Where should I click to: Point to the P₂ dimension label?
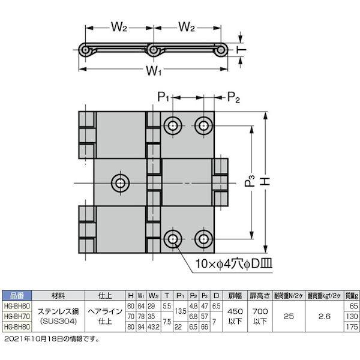pyautogui.click(x=234, y=98)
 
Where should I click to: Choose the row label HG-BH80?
pyautogui.click(x=16, y=326)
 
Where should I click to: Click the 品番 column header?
pyautogui.click(x=16, y=295)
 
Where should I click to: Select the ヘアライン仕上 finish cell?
pyautogui.click(x=104, y=316)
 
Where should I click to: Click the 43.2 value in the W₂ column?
pyautogui.click(x=153, y=326)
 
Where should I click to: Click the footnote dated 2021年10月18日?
pyautogui.click(x=51, y=339)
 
